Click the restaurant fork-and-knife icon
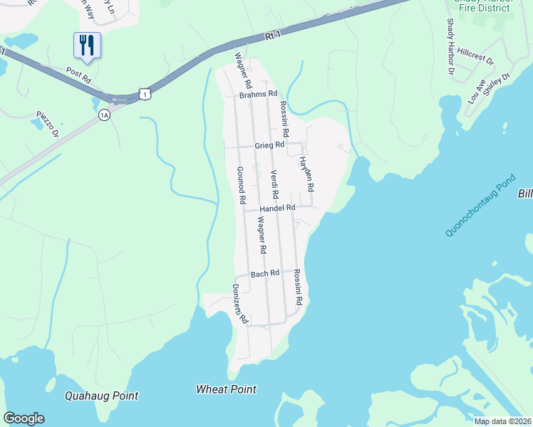coord(87,46)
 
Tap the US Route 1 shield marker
coord(145,93)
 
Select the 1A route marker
coord(105,115)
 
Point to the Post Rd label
coord(79,73)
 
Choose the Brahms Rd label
coord(257,94)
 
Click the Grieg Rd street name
coord(269,145)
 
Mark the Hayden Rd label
coord(306,175)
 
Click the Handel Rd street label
coord(277,208)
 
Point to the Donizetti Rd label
coord(239,304)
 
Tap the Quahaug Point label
coord(101,396)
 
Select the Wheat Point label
coord(226,389)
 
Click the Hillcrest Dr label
coord(476,57)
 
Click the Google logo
coord(24,418)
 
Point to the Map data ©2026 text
coord(502,421)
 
